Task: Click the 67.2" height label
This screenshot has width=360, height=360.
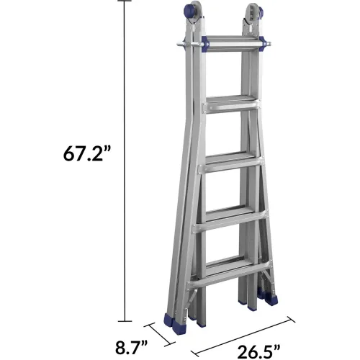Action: [87, 153]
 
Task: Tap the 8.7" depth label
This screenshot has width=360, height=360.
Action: [132, 348]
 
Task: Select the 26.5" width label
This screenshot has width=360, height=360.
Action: [258, 352]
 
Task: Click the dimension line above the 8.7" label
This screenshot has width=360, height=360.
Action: [160, 335]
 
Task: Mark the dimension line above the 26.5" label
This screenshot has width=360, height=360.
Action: [243, 337]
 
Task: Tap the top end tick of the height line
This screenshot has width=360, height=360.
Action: [125, 1]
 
